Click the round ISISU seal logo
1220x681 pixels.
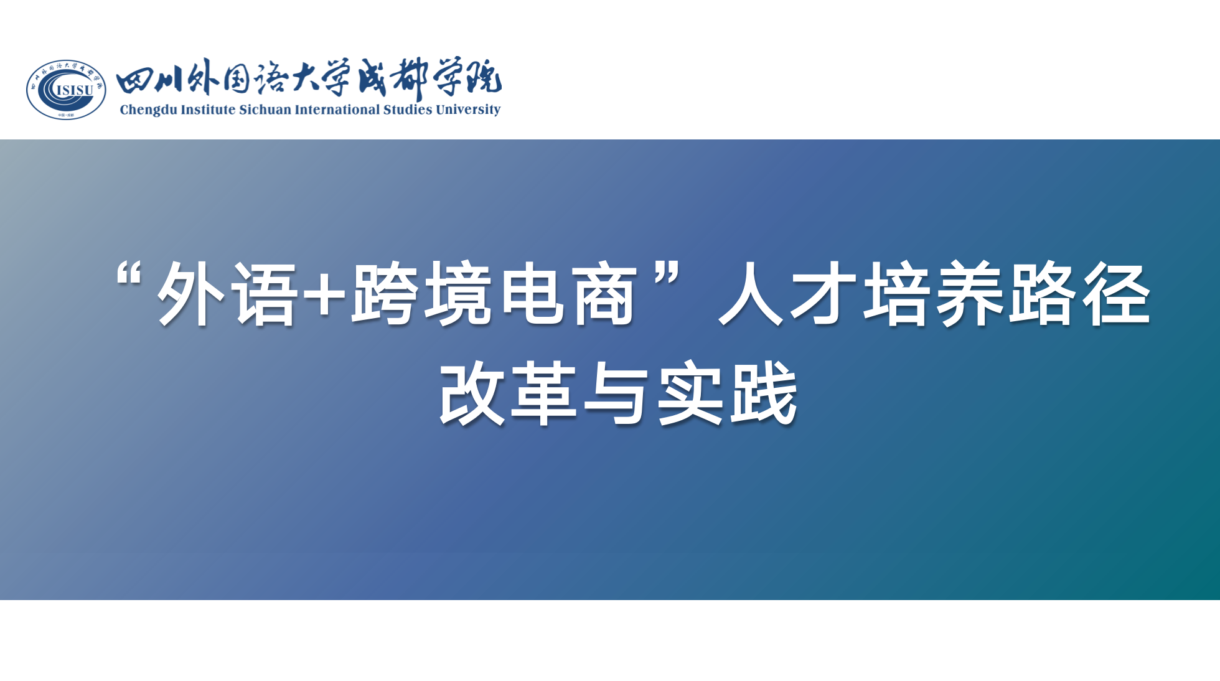[66, 90]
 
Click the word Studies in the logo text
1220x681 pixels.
[408, 110]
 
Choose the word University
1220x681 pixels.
[468, 110]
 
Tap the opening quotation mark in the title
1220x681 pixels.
[129, 274]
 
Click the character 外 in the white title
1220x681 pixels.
[190, 293]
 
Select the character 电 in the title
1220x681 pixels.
[532, 293]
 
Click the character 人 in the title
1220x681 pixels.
[751, 293]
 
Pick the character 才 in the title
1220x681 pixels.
[823, 293]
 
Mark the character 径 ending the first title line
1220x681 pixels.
[1116, 293]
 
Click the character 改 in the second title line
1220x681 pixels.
[472, 393]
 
